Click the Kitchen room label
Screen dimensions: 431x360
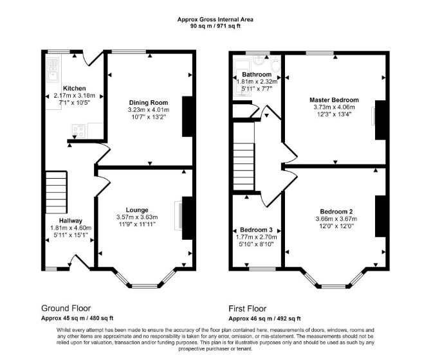[74, 89]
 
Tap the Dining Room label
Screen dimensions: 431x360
[149, 103]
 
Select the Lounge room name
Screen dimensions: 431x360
[137, 210]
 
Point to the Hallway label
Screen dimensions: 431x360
[71, 221]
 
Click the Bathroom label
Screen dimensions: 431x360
[257, 75]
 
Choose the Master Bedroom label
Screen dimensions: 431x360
[334, 100]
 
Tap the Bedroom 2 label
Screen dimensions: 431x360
[336, 212]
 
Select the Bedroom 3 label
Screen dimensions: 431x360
[256, 230]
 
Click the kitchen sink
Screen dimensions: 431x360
[53, 70]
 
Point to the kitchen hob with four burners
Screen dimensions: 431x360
[78, 131]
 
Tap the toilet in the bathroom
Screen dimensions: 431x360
[276, 64]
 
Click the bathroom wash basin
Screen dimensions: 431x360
[258, 60]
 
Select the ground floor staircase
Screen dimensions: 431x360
[56, 192]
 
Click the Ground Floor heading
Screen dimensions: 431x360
[66, 308]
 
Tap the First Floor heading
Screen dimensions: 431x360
[248, 309]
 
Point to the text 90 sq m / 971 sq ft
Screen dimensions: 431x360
[215, 26]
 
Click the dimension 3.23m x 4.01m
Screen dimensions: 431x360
[149, 110]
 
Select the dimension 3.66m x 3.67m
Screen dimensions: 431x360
[336, 219]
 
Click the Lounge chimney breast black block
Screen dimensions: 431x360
[187, 218]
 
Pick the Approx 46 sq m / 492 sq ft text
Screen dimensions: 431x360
[264, 319]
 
